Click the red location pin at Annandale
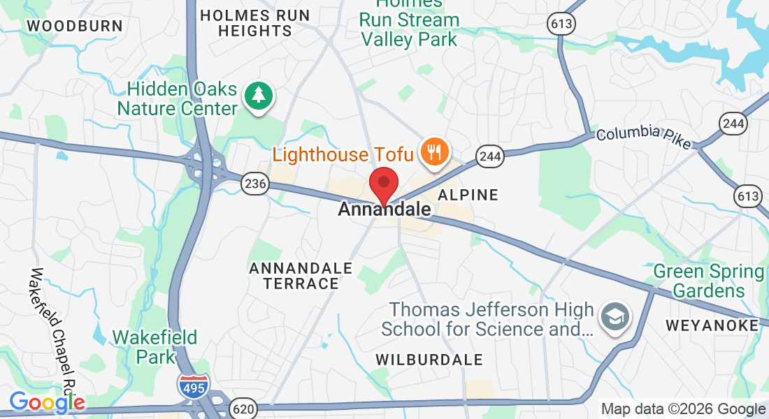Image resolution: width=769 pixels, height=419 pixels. point(384,184)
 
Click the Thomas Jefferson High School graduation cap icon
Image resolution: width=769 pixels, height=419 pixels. point(616,318)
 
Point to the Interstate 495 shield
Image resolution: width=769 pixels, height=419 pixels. point(192,386)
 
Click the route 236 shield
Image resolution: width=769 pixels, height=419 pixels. point(255,184)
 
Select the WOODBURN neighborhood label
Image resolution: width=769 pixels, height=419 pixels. point(75,27)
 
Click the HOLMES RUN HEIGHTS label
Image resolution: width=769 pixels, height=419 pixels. point(254,23)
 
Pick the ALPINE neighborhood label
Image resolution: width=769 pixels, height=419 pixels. point(468,195)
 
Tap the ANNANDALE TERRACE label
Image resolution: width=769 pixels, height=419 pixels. point(301,276)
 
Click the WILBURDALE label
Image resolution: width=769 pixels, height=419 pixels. point(429,360)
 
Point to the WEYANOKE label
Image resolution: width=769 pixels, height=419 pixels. point(712,325)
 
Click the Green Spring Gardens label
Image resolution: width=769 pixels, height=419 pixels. point(708,281)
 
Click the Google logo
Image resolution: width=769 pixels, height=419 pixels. point(47,402)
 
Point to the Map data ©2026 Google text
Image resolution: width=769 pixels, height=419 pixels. point(683,409)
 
